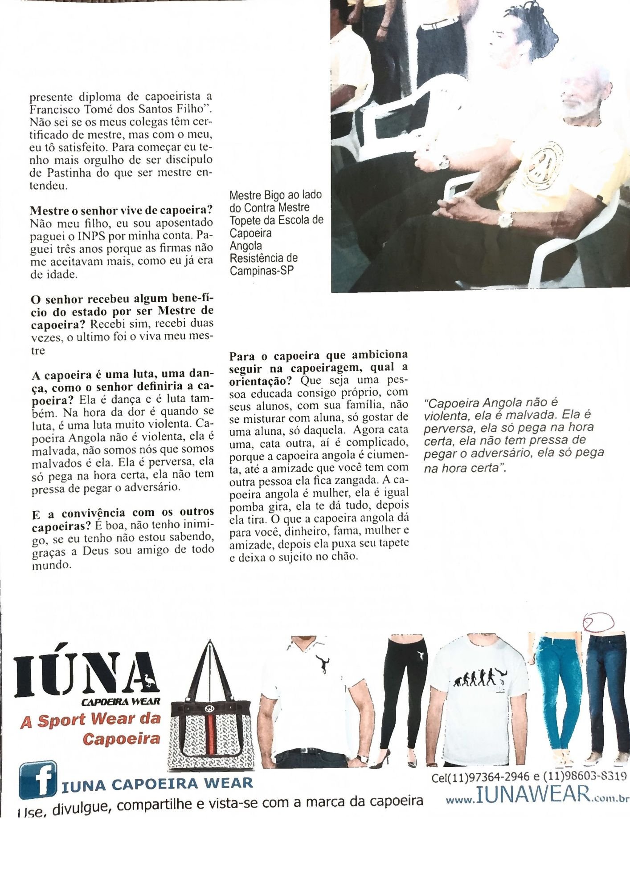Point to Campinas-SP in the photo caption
coord(262,271)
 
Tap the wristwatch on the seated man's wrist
coord(505,219)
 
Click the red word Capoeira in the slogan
coord(121,739)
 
